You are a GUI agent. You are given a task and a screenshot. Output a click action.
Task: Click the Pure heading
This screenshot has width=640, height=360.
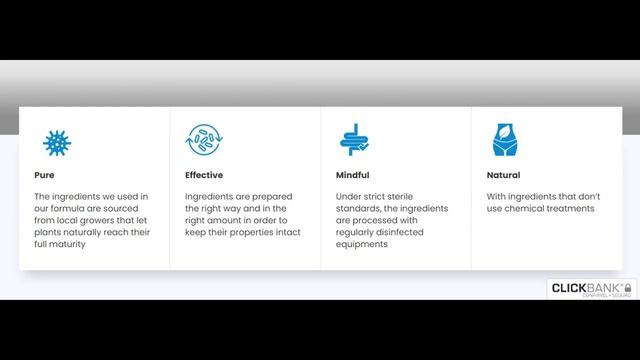click(x=44, y=175)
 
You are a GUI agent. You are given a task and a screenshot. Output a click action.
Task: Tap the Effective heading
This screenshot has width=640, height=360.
click(x=204, y=175)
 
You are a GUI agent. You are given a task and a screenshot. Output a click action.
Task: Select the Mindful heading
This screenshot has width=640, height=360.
click(x=352, y=175)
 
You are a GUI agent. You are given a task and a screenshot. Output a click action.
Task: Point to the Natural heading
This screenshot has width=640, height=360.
click(x=504, y=175)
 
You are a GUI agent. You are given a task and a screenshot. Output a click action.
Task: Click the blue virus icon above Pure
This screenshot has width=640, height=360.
click(x=57, y=141)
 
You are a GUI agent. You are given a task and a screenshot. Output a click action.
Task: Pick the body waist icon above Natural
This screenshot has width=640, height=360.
click(x=505, y=141)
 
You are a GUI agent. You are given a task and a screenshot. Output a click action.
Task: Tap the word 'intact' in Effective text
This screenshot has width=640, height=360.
click(x=286, y=232)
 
